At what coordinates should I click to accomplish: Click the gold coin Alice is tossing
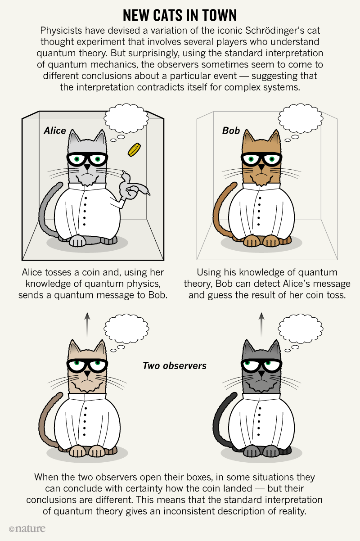(x=134, y=150)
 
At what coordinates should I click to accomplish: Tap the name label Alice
(x=55, y=131)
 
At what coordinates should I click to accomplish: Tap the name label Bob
(x=231, y=131)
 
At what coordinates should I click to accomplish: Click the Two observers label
(x=175, y=365)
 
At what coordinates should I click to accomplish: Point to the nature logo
(x=27, y=528)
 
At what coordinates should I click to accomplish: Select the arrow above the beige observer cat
(x=87, y=325)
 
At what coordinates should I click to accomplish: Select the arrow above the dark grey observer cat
(x=261, y=325)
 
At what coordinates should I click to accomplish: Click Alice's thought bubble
(x=126, y=118)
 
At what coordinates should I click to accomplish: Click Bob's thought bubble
(x=301, y=118)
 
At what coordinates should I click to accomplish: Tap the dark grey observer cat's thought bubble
(x=301, y=329)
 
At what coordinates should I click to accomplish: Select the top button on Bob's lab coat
(x=260, y=198)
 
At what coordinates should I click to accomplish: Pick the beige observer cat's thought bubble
(x=126, y=329)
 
